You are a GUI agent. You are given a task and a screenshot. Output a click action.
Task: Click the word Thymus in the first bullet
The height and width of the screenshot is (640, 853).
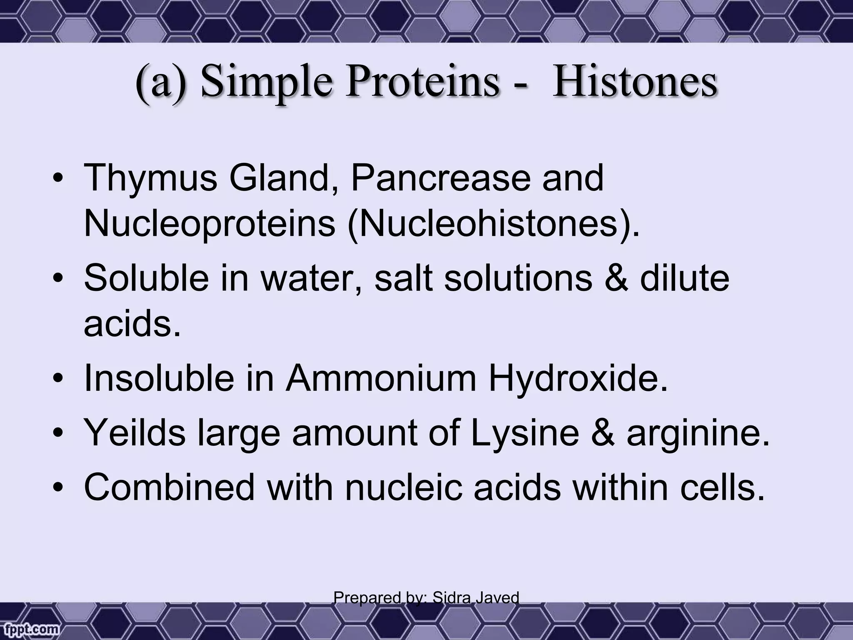tap(150, 178)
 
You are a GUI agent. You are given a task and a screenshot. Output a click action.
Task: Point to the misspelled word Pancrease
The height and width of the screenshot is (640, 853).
tap(440, 178)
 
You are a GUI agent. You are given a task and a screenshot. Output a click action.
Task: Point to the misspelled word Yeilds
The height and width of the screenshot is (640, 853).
tap(135, 433)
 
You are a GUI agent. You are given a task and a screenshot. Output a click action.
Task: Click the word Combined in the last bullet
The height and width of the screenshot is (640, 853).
tap(169, 487)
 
